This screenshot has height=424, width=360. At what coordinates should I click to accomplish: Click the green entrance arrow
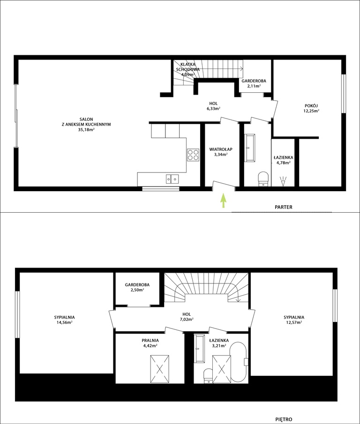(x=223, y=201)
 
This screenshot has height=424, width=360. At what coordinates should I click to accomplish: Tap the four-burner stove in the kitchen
(x=193, y=155)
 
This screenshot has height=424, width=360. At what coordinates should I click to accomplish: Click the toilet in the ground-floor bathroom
(x=263, y=179)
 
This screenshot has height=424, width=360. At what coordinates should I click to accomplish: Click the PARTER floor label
(x=284, y=207)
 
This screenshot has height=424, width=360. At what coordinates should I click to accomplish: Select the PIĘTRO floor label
(x=284, y=419)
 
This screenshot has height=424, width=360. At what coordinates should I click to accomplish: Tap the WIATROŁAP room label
(x=221, y=149)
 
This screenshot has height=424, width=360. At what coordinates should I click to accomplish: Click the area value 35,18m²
(x=86, y=129)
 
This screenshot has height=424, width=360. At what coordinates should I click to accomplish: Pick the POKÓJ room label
(x=311, y=106)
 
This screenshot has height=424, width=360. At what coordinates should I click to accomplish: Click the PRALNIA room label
(x=150, y=341)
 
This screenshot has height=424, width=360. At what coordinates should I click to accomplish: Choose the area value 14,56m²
(x=64, y=322)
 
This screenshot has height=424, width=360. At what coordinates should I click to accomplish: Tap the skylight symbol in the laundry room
(x=160, y=369)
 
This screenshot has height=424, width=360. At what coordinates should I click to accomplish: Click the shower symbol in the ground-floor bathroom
(x=283, y=181)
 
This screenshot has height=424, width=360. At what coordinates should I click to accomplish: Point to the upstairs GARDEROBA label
(x=137, y=285)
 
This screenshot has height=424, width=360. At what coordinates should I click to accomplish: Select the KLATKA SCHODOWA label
(x=187, y=67)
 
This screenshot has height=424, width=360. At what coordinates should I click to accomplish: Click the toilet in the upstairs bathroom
(x=208, y=376)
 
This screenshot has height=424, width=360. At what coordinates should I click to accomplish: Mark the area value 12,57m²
(x=294, y=322)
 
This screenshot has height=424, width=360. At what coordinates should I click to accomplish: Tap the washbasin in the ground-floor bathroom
(x=249, y=148)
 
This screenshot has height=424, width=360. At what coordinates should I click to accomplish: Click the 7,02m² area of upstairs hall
(x=187, y=320)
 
